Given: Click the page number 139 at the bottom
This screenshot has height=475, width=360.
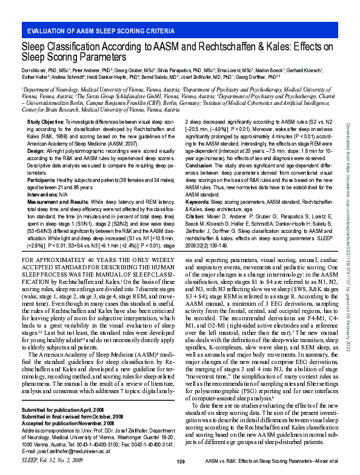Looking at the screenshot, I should point(180,462).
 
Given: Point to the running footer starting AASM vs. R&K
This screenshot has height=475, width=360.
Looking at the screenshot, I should point(273,462).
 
